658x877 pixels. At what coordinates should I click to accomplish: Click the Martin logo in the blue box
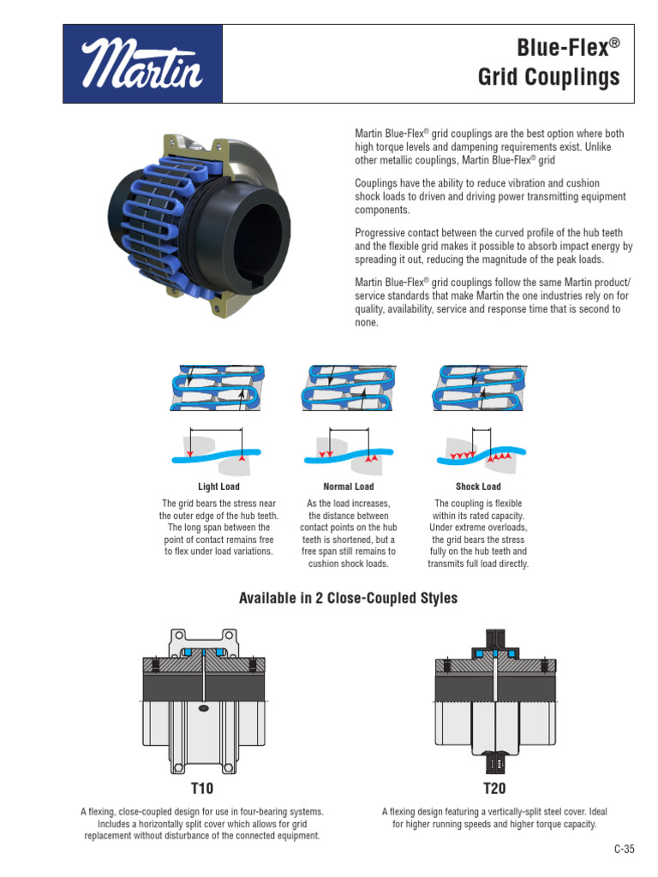143,64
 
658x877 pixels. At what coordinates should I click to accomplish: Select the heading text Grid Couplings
548,79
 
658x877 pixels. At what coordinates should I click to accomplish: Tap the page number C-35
624,850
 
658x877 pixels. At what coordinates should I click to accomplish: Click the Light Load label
218,486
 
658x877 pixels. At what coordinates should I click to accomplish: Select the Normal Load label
348,486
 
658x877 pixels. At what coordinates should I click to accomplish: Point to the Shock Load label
478,486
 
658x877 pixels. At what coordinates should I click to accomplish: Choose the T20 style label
494,788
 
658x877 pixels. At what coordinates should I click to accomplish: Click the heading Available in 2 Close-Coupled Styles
348,599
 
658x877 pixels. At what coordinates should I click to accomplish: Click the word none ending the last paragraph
366,323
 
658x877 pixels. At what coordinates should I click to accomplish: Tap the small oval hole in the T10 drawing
203,708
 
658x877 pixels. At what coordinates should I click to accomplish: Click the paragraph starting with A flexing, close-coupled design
202,823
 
